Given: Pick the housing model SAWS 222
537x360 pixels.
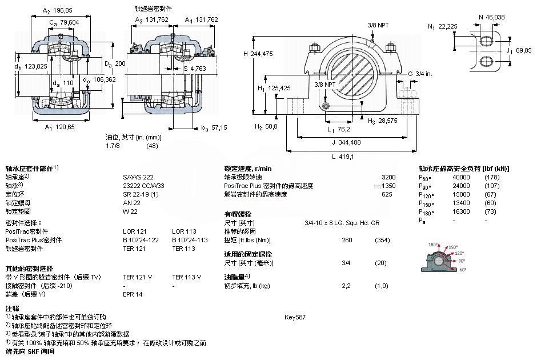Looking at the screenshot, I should point(135,177).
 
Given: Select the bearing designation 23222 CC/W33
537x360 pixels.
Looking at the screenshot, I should point(143,186).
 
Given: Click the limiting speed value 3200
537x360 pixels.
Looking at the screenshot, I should point(388,177).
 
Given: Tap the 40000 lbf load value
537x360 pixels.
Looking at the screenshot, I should point(461,177).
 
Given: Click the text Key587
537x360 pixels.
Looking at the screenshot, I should point(295,317).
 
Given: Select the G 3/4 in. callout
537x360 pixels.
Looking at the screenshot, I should point(419,74).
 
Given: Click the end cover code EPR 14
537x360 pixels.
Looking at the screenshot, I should point(133,294).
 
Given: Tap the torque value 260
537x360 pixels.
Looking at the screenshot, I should point(346,240).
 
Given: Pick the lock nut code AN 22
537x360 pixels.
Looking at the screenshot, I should point(131,203).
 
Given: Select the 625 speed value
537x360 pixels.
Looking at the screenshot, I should point(387,194).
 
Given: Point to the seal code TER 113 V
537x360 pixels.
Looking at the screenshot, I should point(186,277).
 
